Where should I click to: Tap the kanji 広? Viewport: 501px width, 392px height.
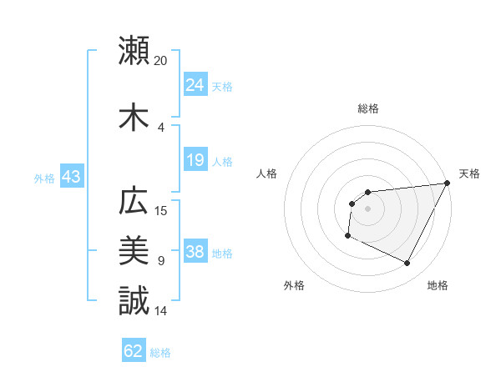[x=134, y=202]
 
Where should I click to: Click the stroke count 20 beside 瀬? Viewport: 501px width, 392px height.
[x=161, y=60]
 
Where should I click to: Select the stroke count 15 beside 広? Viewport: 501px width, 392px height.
[x=161, y=211]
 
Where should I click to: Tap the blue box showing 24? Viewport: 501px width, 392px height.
[x=195, y=84]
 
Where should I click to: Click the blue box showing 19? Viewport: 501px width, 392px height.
[x=195, y=160]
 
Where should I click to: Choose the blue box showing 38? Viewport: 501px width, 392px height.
[x=195, y=253]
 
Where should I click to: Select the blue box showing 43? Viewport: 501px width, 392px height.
[x=71, y=177]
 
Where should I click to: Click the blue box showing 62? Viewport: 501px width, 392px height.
[x=134, y=351]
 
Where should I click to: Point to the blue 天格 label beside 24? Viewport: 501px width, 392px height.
[x=222, y=86]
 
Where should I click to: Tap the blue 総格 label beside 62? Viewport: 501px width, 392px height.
[x=160, y=353]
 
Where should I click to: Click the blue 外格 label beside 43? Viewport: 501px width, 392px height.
[x=44, y=178]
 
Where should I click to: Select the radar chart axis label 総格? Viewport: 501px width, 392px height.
[x=367, y=108]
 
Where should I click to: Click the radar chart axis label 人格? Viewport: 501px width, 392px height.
[x=268, y=173]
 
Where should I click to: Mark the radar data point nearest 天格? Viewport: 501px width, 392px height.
[x=447, y=183]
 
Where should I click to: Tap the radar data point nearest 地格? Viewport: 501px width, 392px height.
[x=407, y=264]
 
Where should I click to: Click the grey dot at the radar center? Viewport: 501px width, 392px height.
[x=367, y=209]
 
